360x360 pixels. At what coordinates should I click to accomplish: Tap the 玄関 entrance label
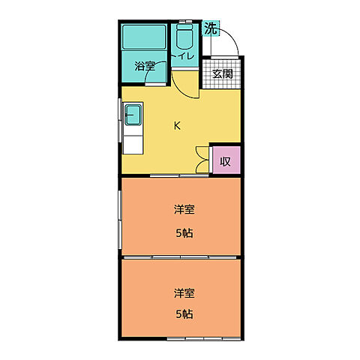(x=222, y=73)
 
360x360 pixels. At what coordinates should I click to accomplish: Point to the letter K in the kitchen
(x=177, y=126)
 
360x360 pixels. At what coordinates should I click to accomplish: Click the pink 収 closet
(x=225, y=160)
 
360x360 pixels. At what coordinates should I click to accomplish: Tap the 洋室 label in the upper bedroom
(x=184, y=210)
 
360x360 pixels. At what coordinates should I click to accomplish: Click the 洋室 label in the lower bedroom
(x=184, y=292)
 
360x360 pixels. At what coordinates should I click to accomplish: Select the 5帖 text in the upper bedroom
(x=184, y=232)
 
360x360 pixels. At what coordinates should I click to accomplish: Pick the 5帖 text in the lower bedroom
(x=184, y=313)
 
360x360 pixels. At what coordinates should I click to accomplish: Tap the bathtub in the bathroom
(x=144, y=36)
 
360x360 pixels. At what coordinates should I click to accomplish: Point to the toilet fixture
(x=184, y=39)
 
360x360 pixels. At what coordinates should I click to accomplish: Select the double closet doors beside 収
(x=202, y=159)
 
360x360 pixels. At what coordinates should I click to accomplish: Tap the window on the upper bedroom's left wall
(x=120, y=217)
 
